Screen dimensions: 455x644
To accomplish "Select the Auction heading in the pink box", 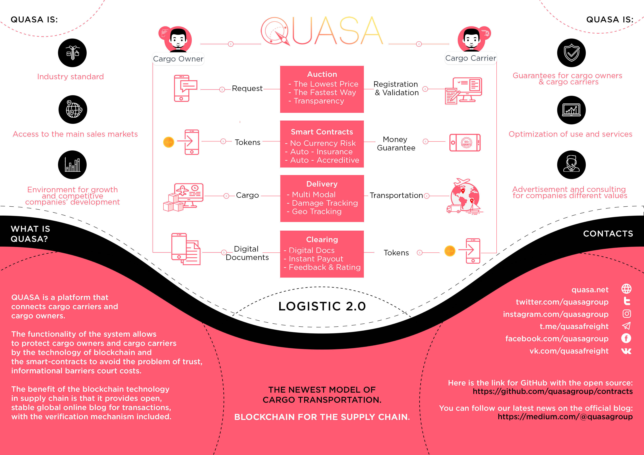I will coord(322,74).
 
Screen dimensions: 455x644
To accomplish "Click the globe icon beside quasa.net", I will coord(626,289).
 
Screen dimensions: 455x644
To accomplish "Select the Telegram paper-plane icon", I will coord(626,326).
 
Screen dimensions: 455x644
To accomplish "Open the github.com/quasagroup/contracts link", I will coord(553,391).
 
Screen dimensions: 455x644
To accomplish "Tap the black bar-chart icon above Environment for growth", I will coord(72,165).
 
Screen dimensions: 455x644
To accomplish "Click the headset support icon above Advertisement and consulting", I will coord(571,165).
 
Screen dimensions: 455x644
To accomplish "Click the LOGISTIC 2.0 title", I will coord(322,306).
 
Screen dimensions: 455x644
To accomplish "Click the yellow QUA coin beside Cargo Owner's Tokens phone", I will coord(169,142).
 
